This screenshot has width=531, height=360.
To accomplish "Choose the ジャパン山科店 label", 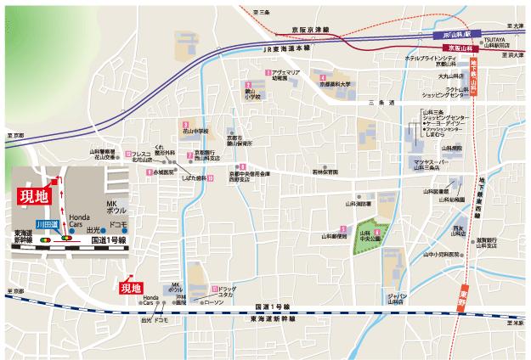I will [397, 296].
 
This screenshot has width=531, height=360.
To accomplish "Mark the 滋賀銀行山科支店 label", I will [488, 243].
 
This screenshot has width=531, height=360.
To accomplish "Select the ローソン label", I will [214, 301].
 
